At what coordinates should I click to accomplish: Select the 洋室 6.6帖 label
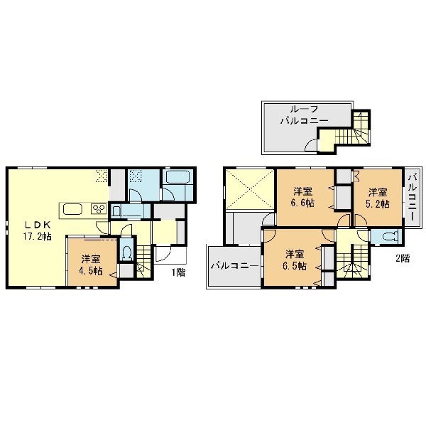click(x=303, y=197)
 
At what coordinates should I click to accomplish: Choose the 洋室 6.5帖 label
click(x=295, y=260)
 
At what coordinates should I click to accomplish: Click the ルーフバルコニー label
click(x=304, y=115)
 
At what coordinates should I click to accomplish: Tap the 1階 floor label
click(x=178, y=272)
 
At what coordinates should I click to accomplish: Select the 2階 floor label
click(x=403, y=258)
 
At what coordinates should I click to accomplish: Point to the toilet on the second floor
click(x=390, y=236)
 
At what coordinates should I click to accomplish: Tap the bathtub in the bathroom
click(x=177, y=177)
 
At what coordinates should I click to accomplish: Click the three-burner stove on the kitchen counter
click(x=99, y=209)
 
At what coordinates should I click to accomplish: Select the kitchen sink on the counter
click(x=72, y=210)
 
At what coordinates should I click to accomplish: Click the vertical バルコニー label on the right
click(x=413, y=197)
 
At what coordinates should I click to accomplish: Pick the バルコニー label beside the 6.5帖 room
click(x=234, y=265)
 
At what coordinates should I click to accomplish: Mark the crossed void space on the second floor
click(x=249, y=189)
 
